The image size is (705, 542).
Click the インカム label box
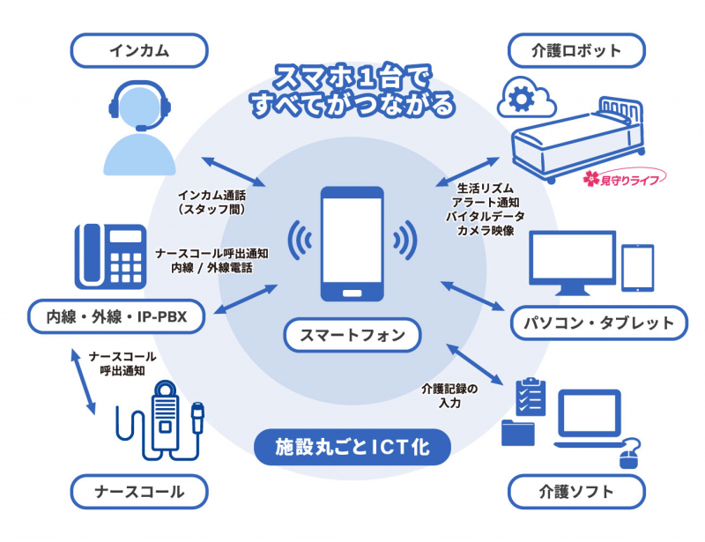(139, 49)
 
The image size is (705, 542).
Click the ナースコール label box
(139, 491)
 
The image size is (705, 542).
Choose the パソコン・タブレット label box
(598, 323)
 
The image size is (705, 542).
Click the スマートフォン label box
(352, 335)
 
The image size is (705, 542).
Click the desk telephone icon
(110, 256)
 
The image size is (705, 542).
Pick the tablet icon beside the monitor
(637, 266)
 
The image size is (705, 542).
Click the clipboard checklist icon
(528, 397)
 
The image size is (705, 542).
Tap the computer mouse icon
(628, 457)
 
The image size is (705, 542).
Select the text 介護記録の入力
(449, 395)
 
